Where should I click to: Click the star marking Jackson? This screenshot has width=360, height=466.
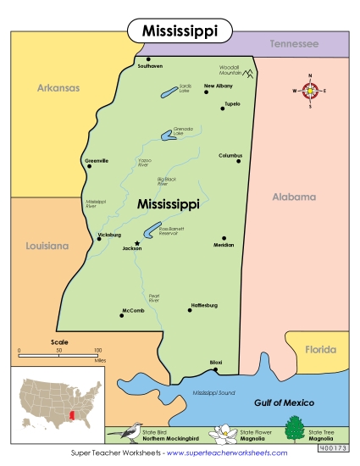tap(126, 242)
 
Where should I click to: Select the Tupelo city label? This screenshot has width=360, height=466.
tap(231, 103)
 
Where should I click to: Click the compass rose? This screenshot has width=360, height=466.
tap(311, 90)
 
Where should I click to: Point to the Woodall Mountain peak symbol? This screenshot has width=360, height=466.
tap(250, 74)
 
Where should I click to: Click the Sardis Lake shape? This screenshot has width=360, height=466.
tap(169, 90)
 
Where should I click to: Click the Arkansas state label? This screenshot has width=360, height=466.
tap(58, 86)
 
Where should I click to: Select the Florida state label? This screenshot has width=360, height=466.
tap(321, 348)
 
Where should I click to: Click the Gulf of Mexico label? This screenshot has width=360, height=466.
tap(285, 402)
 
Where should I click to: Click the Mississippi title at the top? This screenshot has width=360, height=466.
tap(179, 31)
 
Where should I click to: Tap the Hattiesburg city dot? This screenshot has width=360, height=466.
tap(190, 310)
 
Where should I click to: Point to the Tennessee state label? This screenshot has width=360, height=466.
tap(294, 43)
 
